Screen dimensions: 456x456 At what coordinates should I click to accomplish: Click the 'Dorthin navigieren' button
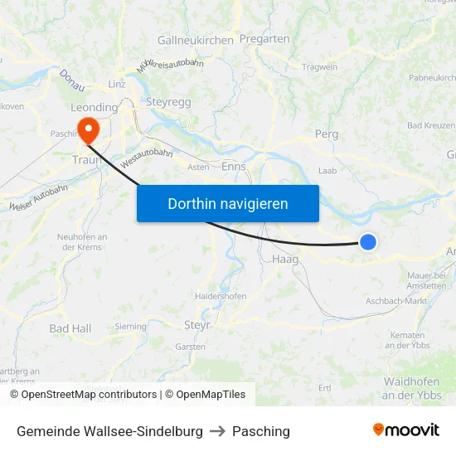coord(228,203)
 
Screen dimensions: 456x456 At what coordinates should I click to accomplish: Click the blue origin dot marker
coord(368,242)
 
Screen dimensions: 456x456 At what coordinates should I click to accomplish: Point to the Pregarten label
coord(264,38)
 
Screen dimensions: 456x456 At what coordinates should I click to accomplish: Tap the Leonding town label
coord(94,107)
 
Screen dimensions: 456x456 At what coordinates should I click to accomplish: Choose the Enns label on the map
coord(235,166)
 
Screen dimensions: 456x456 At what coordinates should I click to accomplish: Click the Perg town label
coord(327,133)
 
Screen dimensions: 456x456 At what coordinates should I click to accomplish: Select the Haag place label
coord(285,259)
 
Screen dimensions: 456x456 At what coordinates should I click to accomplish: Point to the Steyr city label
coord(196,325)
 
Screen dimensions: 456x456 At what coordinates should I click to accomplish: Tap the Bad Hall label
coord(70,328)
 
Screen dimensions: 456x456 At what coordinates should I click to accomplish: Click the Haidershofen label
coord(220,296)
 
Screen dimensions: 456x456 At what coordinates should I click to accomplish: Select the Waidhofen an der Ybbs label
coord(412,388)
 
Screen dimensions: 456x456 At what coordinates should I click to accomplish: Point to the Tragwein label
coord(320,67)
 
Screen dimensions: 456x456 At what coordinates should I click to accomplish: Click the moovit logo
coord(406,430)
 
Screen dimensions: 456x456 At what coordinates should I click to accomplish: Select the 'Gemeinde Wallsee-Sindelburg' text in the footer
coord(109,431)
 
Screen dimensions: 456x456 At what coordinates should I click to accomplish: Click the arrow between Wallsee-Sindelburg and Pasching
coord(217,431)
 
